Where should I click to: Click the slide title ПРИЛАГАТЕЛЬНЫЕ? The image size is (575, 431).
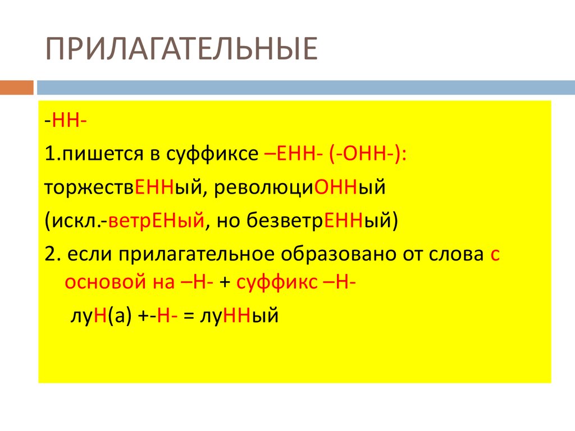pos(181,49)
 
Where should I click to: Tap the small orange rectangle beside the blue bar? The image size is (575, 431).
pos(16,88)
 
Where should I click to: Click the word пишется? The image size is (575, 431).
pos(103,154)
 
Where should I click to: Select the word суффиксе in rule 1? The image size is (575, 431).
pos(212,154)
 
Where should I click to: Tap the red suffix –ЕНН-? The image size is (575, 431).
pos(293,154)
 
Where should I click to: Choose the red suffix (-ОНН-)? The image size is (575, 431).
pos(368,154)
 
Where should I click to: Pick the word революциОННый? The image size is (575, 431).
pos(300,187)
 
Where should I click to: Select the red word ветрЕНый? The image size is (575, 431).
pos(157,221)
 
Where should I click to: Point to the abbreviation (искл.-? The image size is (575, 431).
pos(76,221)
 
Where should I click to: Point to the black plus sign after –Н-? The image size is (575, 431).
pos(225,283)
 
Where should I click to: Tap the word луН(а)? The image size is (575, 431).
pos(101,315)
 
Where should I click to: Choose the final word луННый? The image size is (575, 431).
pos(239,315)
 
